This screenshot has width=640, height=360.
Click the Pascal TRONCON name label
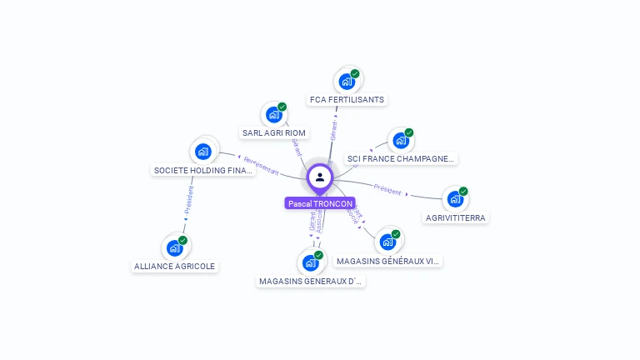click(320, 203)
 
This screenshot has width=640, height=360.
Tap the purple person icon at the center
click(320, 177)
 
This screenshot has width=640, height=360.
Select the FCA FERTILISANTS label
click(347, 99)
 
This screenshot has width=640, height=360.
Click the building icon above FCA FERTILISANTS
click(347, 82)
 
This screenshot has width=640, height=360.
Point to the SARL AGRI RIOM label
click(274, 132)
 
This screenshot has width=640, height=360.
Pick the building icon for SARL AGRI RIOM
click(273, 115)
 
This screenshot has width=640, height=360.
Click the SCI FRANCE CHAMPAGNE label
click(401, 158)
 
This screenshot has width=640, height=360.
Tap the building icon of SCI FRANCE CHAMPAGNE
click(401, 140)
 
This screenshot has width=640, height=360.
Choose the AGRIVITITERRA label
click(455, 217)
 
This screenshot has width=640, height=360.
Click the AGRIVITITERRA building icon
click(455, 199)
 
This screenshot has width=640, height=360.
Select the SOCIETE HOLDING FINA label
click(202, 170)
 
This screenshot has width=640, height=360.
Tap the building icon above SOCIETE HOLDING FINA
click(202, 152)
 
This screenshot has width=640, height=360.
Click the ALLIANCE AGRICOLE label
click(174, 266)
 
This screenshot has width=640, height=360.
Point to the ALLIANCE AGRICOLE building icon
click(174, 247)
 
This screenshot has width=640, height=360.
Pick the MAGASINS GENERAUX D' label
click(311, 281)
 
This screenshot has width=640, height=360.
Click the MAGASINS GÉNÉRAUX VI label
click(387, 261)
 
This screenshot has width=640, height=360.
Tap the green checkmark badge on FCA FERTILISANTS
click(355, 74)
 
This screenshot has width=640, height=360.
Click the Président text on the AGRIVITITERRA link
click(387, 189)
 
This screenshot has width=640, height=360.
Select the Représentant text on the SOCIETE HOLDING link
click(261, 164)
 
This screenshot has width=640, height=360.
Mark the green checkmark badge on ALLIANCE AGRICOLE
click(182, 240)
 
